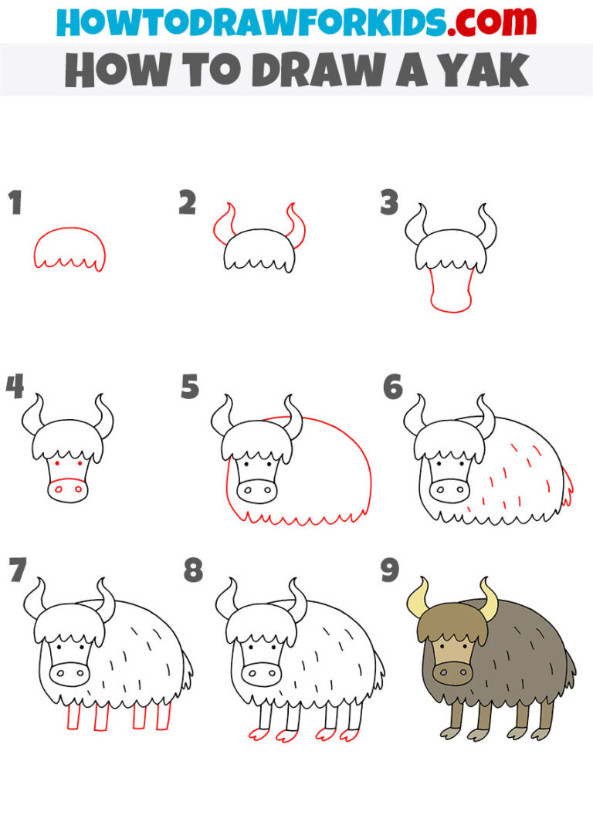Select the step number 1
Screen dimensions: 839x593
(15, 205)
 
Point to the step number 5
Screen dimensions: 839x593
(190, 387)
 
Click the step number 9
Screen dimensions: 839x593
(390, 572)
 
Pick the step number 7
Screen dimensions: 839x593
(16, 572)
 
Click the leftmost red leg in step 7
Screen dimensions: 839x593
(73, 717)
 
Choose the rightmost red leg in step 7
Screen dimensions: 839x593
(163, 717)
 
